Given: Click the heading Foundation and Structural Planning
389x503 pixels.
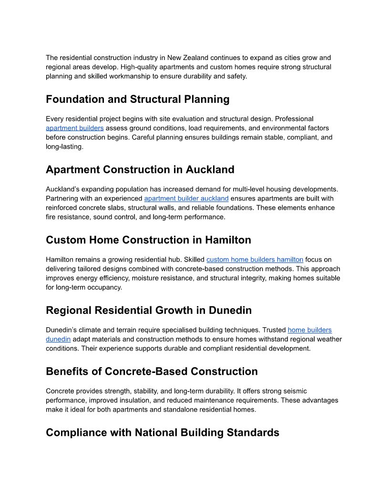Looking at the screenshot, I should click(137, 99).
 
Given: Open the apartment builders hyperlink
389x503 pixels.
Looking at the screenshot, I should click(74, 128).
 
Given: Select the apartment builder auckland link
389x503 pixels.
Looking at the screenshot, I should click(186, 198).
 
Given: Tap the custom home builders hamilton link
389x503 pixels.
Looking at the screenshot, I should click(255, 260).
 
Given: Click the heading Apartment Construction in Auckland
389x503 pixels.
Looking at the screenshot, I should click(140, 170).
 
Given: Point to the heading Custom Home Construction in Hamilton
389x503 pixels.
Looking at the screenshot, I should click(148, 240).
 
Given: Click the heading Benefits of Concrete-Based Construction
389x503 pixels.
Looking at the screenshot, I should click(152, 372).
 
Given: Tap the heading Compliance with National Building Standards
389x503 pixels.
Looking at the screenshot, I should click(162, 433).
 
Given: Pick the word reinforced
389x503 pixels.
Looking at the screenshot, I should click(63, 208).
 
